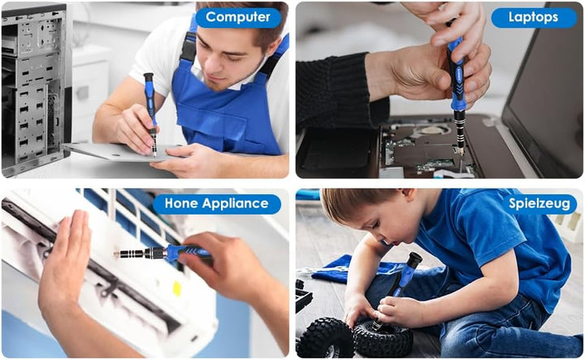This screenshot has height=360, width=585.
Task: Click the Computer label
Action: (237, 17)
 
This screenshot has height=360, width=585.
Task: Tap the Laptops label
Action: (534, 18)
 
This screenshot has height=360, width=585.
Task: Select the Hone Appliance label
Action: (216, 204)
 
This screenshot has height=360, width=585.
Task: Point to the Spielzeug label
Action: (539, 204)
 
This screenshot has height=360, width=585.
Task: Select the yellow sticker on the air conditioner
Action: (177, 288)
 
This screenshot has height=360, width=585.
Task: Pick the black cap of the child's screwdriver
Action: (414, 259)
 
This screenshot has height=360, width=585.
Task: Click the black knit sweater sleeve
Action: (338, 93)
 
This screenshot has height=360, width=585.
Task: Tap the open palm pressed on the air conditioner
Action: (67, 261)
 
